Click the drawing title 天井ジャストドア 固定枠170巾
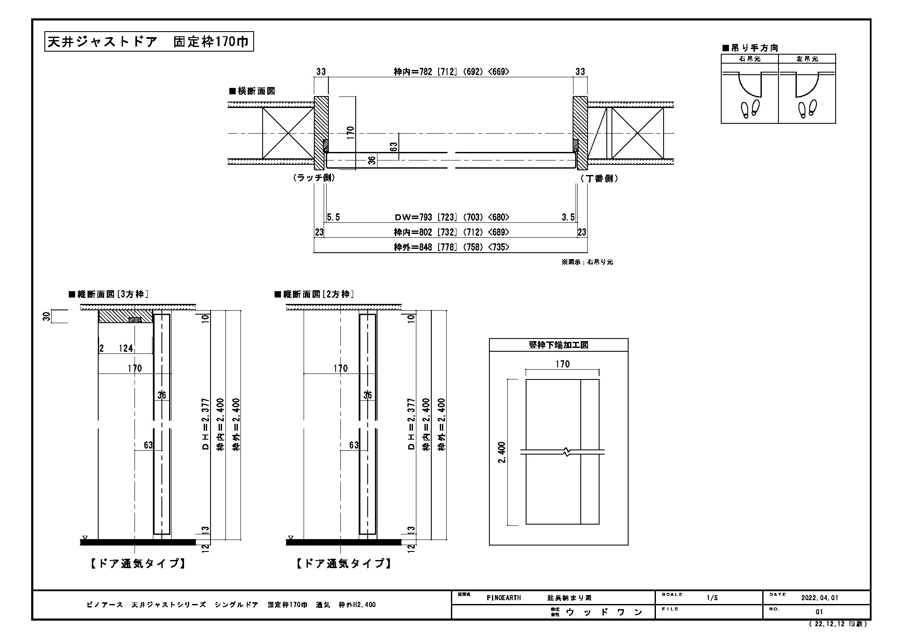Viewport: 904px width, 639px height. tap(149, 42)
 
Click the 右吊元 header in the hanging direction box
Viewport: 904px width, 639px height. tap(749, 59)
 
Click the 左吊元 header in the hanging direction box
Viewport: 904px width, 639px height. tap(807, 59)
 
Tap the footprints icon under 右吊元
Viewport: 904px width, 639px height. tap(749, 109)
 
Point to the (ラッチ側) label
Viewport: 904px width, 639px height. tap(314, 178)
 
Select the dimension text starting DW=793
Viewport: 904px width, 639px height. tap(452, 217)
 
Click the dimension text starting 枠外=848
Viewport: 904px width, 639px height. tap(451, 247)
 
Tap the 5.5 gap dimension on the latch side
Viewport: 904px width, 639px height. tap(334, 217)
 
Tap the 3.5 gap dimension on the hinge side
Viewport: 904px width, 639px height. tap(568, 217)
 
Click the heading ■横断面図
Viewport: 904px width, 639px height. tap(252, 91)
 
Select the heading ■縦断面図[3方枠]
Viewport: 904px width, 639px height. tap(108, 294)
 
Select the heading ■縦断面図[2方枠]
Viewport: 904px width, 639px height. tap(314, 294)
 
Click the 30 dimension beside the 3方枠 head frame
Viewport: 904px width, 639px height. tap(47, 316)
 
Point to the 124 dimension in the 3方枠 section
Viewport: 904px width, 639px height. tap(126, 348)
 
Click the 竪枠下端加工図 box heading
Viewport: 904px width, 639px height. tap(559, 345)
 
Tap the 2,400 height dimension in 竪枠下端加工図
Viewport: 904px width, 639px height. tap(502, 452)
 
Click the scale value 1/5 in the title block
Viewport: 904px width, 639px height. tap(712, 598)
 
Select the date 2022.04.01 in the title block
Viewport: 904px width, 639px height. tap(820, 598)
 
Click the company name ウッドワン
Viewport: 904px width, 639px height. tap(604, 612)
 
